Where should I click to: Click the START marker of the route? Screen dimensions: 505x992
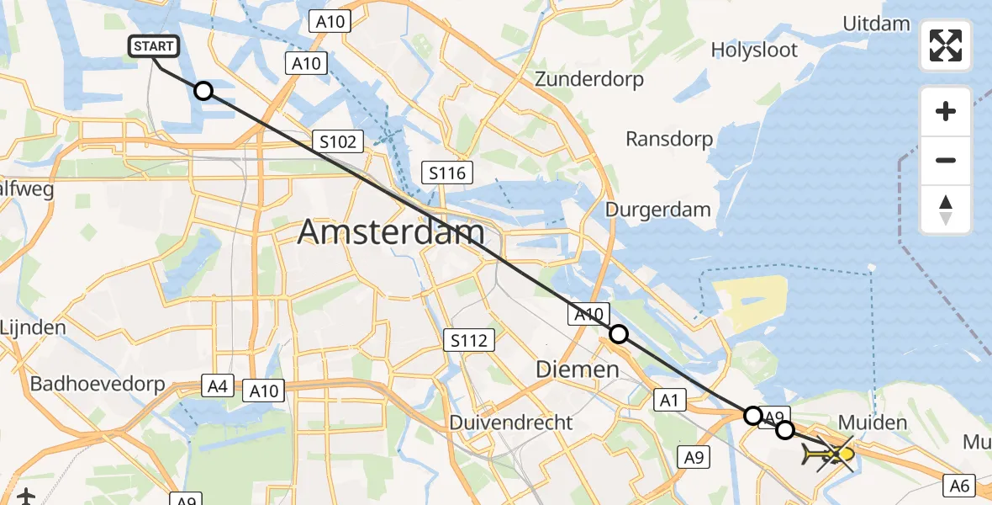coord(153,46)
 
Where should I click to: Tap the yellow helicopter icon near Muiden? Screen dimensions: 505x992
coord(831,455)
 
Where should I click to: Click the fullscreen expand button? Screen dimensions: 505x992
coord(946,45)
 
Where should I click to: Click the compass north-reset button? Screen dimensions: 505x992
coord(946,210)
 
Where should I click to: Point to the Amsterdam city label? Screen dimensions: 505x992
coord(391,231)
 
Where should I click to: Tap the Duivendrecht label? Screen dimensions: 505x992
coord(511,422)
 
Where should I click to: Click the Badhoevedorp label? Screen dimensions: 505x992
coord(96,384)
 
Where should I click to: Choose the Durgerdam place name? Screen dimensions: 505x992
coord(658,210)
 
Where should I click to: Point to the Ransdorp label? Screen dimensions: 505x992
coord(669,139)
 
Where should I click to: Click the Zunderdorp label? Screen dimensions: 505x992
coord(588,80)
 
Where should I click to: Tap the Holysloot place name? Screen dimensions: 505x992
coord(754,50)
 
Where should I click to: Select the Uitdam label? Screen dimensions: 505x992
coord(875,24)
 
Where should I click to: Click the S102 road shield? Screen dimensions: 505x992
coord(338,141)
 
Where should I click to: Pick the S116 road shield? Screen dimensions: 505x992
coord(446,173)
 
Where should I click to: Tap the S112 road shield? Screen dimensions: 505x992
coord(468,340)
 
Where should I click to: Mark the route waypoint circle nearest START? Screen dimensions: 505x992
coord(203,91)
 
